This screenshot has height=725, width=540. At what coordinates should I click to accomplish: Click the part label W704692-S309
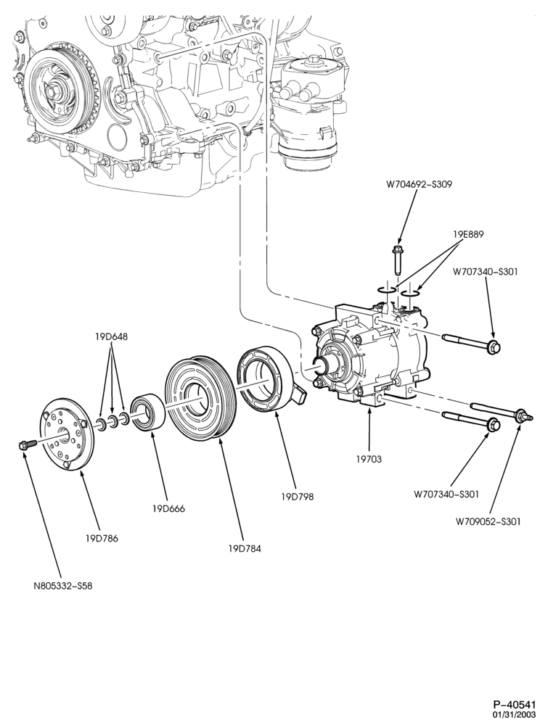[420, 184]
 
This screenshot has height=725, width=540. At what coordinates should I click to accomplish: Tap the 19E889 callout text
[468, 234]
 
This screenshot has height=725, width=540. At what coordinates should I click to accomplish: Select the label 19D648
[111, 337]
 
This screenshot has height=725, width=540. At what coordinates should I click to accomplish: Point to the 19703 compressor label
[369, 459]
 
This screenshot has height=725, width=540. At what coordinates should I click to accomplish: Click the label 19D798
[297, 497]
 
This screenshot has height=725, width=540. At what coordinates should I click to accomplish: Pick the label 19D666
[168, 509]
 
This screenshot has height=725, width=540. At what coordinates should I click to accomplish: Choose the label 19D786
[102, 538]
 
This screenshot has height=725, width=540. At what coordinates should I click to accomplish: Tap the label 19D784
[245, 549]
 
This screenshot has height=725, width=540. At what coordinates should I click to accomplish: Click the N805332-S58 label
[62, 586]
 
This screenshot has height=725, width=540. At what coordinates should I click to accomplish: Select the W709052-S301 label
[488, 521]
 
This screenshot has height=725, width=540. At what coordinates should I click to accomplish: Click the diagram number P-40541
[514, 705]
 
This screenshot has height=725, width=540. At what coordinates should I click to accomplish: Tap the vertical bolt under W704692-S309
[397, 262]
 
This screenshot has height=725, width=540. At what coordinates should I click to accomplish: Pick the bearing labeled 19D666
[147, 412]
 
